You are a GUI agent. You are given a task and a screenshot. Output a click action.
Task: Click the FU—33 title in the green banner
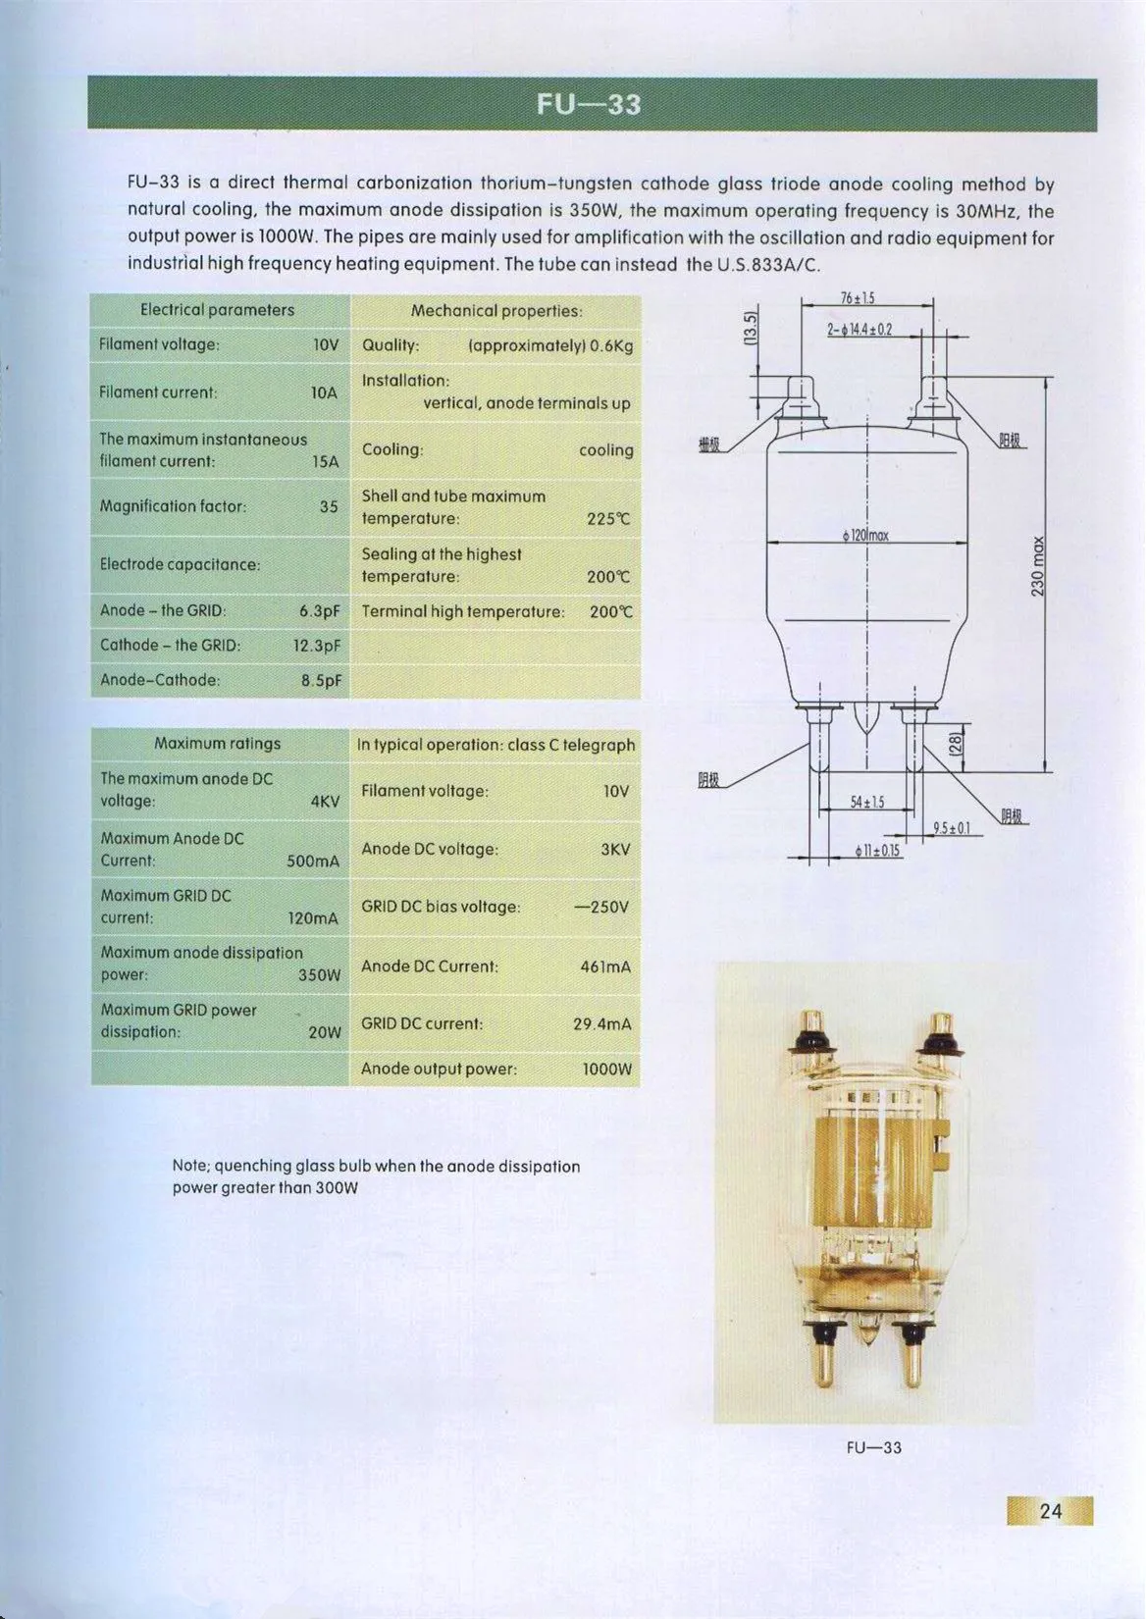pos(589,104)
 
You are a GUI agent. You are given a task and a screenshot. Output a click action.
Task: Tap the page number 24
pos(1050,1510)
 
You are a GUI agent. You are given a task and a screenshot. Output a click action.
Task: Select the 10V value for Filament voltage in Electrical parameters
pos(326,344)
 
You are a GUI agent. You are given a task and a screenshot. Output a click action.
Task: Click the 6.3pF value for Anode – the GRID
pos(320,611)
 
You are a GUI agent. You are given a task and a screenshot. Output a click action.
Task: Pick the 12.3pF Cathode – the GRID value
pos(317,646)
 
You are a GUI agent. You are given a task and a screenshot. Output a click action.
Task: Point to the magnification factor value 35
pos(329,506)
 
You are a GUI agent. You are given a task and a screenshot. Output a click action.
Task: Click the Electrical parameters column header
pos(217,310)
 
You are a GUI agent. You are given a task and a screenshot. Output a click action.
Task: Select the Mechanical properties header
pos(496,311)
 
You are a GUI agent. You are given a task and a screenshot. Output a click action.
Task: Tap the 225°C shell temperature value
pos(609,519)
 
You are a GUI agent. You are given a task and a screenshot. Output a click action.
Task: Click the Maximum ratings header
pos(217,744)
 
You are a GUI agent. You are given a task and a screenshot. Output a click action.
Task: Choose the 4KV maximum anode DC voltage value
pos(325,802)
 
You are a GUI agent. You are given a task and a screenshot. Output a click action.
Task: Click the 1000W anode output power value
pos(607,1069)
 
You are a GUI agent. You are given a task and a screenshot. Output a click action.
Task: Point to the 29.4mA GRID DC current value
pos(602,1024)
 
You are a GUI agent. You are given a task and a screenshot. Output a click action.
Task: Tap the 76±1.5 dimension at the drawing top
pos(858,297)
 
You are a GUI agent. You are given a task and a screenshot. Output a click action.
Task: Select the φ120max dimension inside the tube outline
pos(865,536)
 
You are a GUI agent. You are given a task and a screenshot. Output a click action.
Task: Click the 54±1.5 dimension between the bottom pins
pos(867,803)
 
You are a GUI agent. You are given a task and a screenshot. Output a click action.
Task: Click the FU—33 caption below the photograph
pos(873,1447)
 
